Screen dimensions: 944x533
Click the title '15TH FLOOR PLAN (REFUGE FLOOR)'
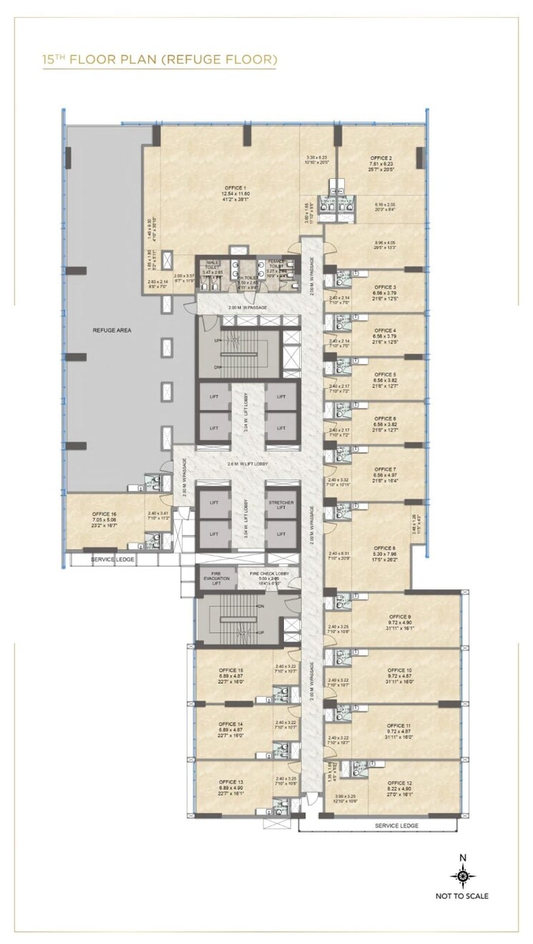click(x=160, y=59)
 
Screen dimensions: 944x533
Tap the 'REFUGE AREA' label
click(x=109, y=330)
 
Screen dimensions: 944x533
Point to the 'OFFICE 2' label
click(x=381, y=157)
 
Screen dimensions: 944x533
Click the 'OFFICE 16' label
click(x=104, y=514)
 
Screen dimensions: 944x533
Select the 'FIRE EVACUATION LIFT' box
click(x=212, y=576)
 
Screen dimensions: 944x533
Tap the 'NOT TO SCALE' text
click(x=462, y=895)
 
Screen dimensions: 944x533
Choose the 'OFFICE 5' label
click(x=385, y=374)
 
